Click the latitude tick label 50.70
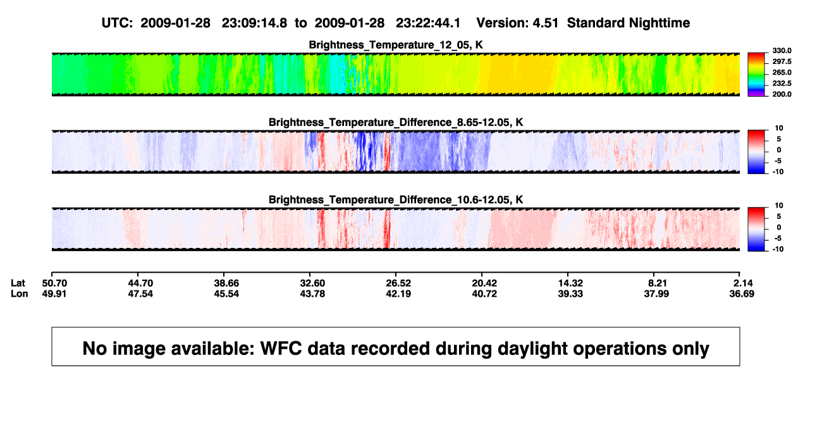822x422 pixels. point(54,283)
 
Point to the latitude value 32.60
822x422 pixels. point(312,283)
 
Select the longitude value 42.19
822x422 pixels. point(398,294)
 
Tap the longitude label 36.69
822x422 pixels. point(742,294)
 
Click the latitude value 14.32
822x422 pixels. point(570,283)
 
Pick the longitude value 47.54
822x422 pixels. point(140,294)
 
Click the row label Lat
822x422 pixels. point(18,283)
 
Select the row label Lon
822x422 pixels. point(19,294)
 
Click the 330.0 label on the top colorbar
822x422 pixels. point(782,51)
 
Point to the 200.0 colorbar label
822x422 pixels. point(782,94)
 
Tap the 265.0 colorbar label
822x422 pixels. point(782,72)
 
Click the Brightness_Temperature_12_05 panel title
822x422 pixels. point(396,45)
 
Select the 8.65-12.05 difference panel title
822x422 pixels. point(396,122)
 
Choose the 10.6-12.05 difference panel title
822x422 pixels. point(396,200)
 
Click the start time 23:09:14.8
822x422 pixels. point(254,23)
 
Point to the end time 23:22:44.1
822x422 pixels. point(428,23)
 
